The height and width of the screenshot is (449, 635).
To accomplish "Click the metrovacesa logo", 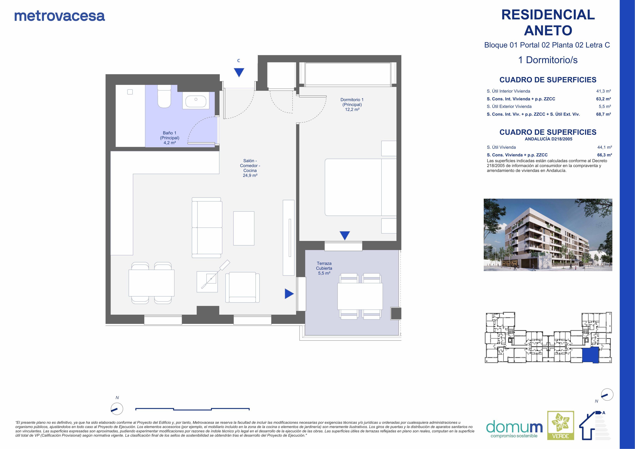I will point(60,16).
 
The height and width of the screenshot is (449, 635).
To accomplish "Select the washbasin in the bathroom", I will point(196,101).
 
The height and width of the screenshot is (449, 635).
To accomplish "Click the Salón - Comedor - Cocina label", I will point(250,168).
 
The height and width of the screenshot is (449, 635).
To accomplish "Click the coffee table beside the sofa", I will point(244,228).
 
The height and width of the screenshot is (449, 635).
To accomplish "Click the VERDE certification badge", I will point(561,429).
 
